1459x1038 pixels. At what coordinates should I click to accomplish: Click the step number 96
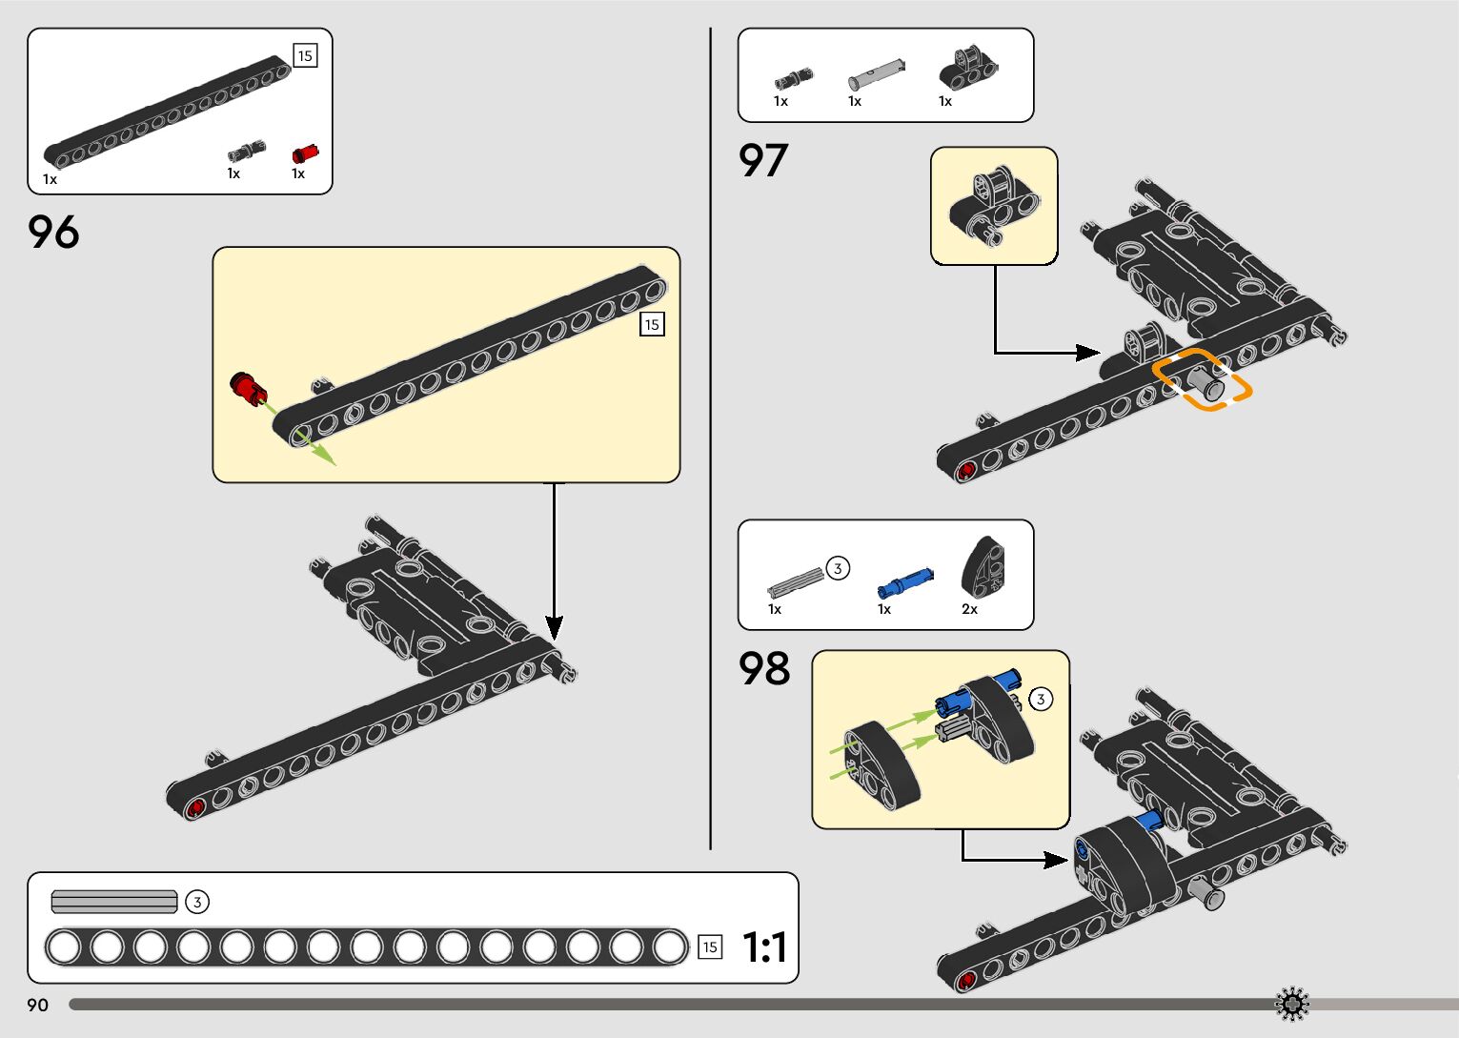coord(53,232)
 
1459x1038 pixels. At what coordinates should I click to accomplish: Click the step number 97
coord(763,160)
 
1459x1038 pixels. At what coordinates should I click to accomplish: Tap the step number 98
coord(764,669)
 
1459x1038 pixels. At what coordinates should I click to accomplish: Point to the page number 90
coord(37,1005)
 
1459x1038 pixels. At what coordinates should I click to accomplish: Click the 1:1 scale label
coord(764,947)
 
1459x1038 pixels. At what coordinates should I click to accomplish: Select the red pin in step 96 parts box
coord(305,153)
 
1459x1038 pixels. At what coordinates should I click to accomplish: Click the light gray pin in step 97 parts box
coord(876,73)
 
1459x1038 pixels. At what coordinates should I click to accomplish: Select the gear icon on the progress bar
coord(1292,1004)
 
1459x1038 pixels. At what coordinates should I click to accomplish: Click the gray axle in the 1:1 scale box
coord(114,901)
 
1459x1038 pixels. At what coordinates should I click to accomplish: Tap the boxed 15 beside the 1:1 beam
coord(710,947)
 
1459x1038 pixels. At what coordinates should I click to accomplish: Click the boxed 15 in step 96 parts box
coord(305,56)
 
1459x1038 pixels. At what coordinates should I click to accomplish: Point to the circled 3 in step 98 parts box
coord(837,569)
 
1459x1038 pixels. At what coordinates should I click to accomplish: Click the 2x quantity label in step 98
coord(969,609)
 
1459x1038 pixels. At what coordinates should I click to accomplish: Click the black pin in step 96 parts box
coord(246,151)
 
